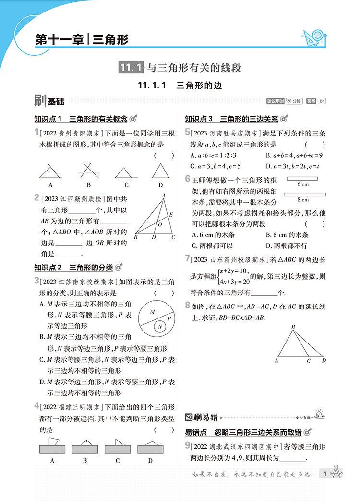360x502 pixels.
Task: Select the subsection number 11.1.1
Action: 152,86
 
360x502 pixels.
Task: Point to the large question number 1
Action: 36,132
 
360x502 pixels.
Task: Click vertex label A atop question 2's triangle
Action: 164,195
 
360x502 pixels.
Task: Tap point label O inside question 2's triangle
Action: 160,224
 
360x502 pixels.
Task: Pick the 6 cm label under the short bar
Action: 302,184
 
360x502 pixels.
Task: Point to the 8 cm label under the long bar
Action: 302,199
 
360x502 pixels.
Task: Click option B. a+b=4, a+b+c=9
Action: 294,155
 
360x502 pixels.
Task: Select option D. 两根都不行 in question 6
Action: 286,245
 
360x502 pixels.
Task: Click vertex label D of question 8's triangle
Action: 324,360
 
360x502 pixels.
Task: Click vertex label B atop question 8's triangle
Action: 293,328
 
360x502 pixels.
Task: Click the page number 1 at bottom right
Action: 325,474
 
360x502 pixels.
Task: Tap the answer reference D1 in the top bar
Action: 323,101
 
